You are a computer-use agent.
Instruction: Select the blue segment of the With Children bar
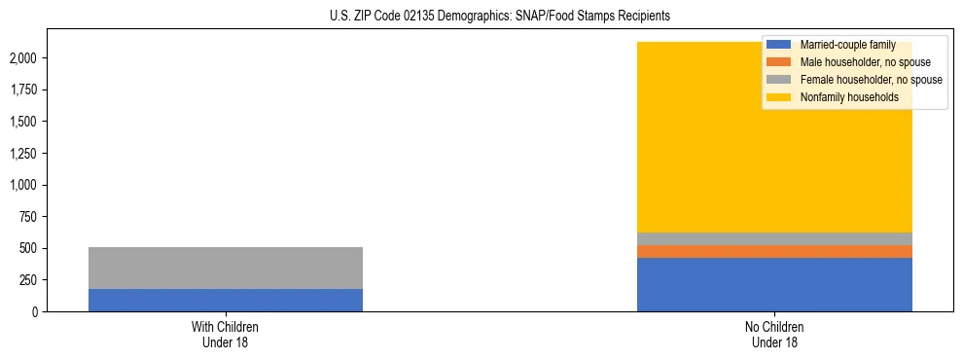coord(226,300)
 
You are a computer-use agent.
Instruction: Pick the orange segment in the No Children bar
coord(774,251)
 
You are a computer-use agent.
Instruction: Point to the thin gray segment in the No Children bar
coord(774,238)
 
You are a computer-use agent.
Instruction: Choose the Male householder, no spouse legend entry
coord(851,62)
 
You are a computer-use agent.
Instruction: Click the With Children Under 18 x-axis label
coord(226,334)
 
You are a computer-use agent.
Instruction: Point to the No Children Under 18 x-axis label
coord(774,334)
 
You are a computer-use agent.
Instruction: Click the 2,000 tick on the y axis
coord(23,58)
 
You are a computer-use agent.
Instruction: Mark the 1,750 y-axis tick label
coord(23,90)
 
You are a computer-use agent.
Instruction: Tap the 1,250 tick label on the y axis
coord(23,154)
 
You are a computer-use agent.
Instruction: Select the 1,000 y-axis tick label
coord(23,185)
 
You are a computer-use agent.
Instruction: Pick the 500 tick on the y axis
coord(28,248)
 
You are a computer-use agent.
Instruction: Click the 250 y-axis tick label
coord(28,280)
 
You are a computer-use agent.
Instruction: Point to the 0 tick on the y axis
coord(34,311)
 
